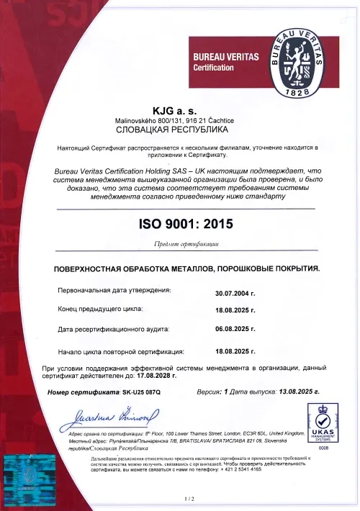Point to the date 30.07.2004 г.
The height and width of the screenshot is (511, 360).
coord(235,294)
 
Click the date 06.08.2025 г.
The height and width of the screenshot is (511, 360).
coord(235,328)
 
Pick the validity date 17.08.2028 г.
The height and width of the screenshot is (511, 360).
coord(153,376)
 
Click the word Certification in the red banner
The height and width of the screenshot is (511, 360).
coord(214,68)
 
